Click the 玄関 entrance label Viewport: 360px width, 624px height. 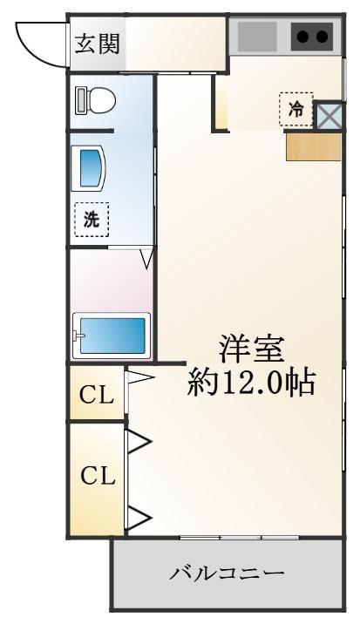(x=98, y=44)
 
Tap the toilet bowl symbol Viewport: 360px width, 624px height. (x=101, y=100)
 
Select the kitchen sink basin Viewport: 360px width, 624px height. (x=257, y=37)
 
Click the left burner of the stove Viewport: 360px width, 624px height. (x=303, y=37)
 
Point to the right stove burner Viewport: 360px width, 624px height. (x=322, y=37)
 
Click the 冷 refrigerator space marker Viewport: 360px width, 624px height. (x=295, y=110)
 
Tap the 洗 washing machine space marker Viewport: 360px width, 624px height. (x=92, y=220)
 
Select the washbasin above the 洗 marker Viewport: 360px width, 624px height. (x=88, y=168)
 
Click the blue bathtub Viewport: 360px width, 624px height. (x=112, y=336)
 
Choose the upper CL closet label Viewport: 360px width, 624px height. (x=97, y=395)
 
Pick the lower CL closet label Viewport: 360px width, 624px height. (x=98, y=475)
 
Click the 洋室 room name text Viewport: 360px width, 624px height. (x=252, y=349)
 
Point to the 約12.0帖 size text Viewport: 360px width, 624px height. (x=252, y=383)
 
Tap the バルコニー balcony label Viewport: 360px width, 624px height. (x=228, y=573)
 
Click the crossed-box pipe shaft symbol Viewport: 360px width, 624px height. (x=329, y=115)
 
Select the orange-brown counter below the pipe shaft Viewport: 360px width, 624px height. (x=314, y=146)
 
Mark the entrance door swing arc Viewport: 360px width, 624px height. (x=32, y=51)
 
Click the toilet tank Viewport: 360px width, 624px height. (x=81, y=100)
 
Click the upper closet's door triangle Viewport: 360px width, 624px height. (x=139, y=377)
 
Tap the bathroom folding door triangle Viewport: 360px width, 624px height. (x=147, y=258)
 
